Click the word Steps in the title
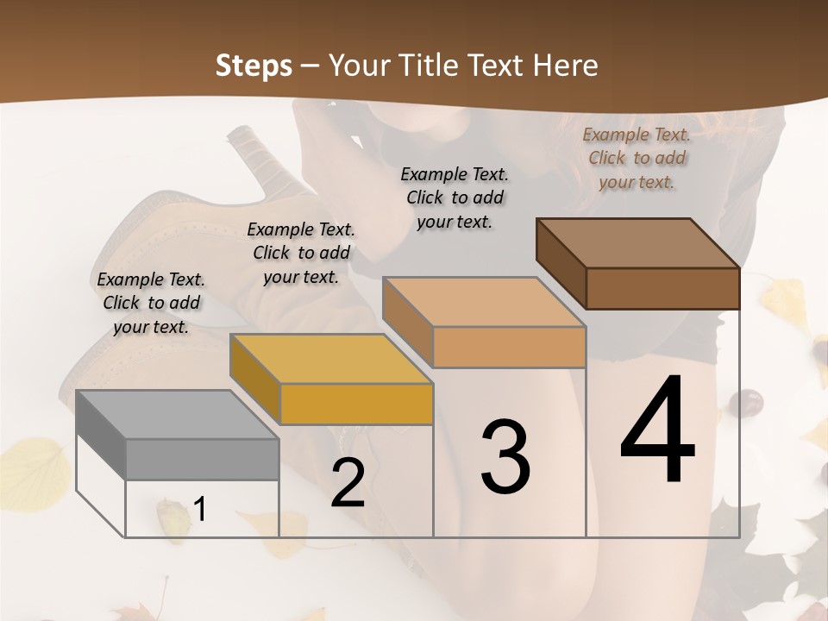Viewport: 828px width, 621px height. pyautogui.click(x=254, y=66)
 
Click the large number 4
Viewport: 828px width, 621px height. pyautogui.click(x=657, y=431)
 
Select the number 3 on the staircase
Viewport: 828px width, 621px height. pyautogui.click(x=505, y=457)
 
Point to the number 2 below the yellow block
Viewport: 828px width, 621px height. pyautogui.click(x=348, y=484)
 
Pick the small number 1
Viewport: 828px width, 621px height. pyautogui.click(x=200, y=510)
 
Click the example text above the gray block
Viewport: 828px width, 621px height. pyautogui.click(x=151, y=303)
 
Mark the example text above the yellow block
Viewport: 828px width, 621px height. pyautogui.click(x=301, y=253)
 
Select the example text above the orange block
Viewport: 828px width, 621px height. pyautogui.click(x=455, y=198)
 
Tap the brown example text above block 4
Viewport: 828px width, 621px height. pyautogui.click(x=637, y=158)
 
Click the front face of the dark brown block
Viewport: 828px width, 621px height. pyautogui.click(x=662, y=288)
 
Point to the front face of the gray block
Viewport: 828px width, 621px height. pyautogui.click(x=202, y=459)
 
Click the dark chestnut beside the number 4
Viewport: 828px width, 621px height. pyautogui.click(x=747, y=402)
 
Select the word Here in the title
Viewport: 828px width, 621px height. pyautogui.click(x=566, y=66)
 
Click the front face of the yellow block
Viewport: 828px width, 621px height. pyautogui.click(x=356, y=404)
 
